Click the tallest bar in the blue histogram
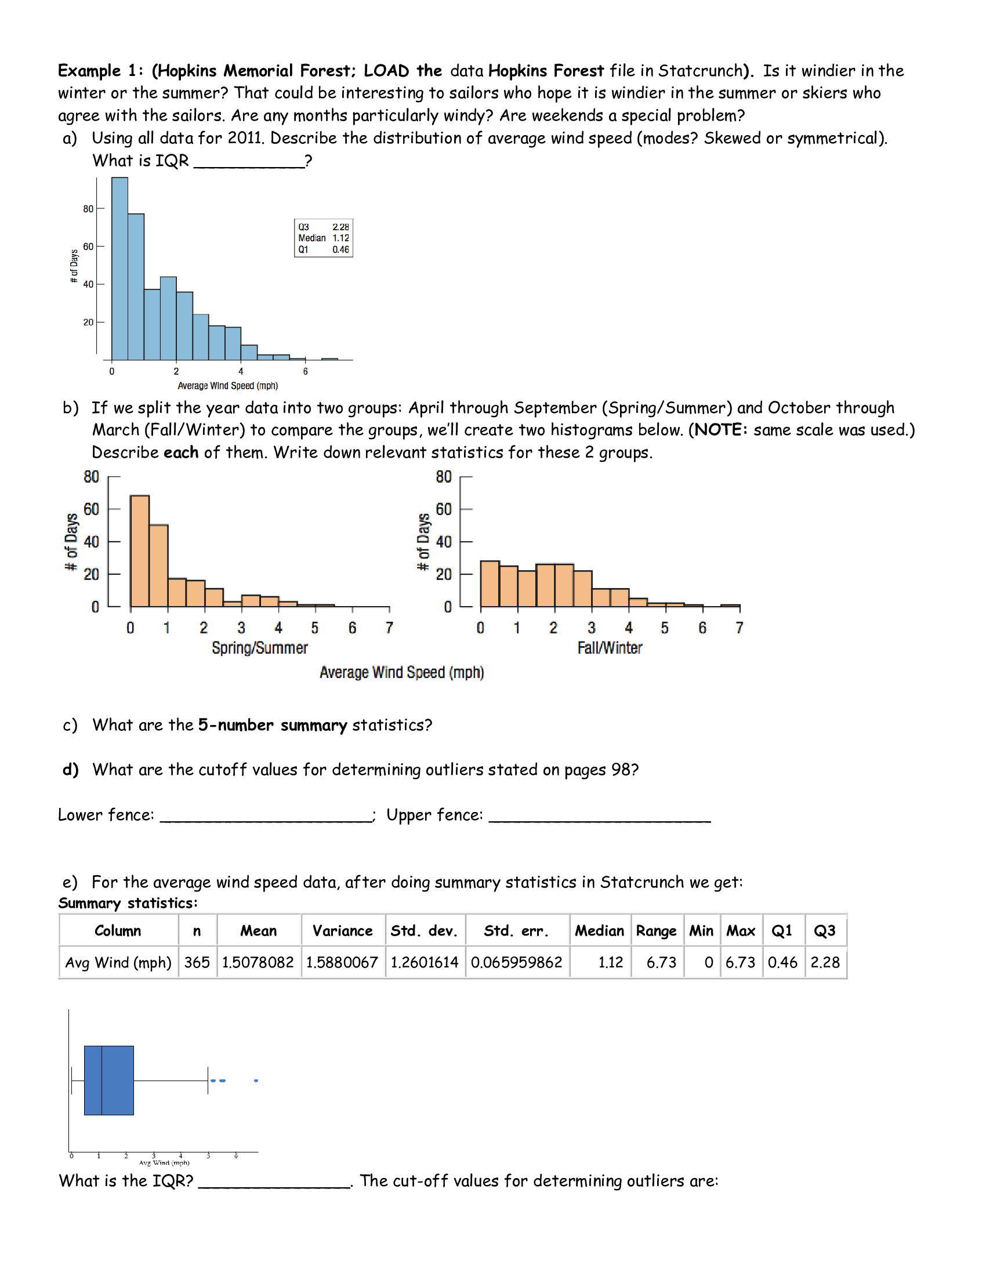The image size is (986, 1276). point(119,269)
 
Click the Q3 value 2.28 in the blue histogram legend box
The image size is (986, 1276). point(340,227)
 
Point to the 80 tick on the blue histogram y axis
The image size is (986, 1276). point(88,209)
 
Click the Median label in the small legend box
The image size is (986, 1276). point(312,238)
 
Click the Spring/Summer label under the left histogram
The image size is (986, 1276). point(259,648)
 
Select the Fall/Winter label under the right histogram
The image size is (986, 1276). point(609,648)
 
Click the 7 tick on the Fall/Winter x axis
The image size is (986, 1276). point(739,628)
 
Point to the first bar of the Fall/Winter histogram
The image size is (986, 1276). point(490,583)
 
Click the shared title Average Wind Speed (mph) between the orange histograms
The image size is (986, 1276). point(401,672)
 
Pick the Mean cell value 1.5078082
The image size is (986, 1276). point(258,962)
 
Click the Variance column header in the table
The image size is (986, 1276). point(342,931)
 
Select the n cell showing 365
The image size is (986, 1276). point(197,962)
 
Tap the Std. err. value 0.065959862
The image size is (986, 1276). point(516,962)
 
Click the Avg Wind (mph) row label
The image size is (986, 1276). point(118,962)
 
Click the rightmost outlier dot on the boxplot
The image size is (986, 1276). point(256,1081)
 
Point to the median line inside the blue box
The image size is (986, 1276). point(101,1081)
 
